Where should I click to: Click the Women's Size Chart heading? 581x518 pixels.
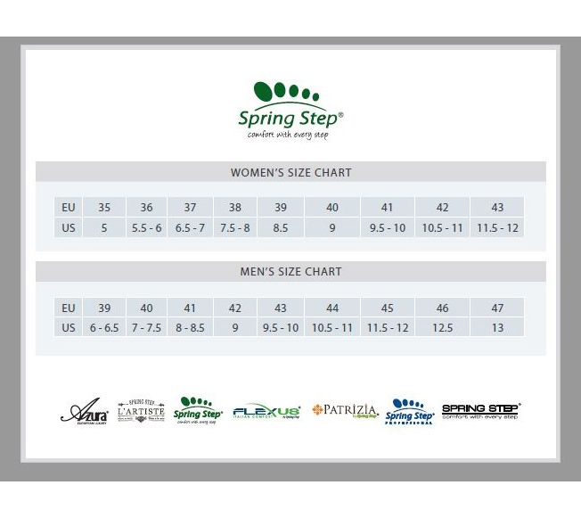290,172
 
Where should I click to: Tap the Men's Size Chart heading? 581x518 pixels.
290,272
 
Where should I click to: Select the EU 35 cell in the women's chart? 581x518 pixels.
104,208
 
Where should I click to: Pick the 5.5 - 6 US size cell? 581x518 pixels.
146,228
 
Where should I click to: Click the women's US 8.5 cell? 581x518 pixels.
280,228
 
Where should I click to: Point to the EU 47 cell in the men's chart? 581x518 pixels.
497,308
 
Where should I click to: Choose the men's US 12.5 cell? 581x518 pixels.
442,328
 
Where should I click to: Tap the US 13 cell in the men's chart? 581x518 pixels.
497,328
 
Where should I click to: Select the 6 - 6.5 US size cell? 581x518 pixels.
104,328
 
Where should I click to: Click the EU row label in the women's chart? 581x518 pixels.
69,208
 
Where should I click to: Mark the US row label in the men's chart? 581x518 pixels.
69,328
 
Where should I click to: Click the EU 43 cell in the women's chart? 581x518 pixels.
497,208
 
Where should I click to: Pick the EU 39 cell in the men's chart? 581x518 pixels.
104,308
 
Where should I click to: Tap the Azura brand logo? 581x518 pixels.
85,413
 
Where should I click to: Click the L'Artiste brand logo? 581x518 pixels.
141,411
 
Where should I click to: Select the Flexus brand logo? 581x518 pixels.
266,412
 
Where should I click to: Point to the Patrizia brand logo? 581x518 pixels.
345,411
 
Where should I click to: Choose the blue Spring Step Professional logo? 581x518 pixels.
409,411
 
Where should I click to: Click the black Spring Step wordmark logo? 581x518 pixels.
481,411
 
